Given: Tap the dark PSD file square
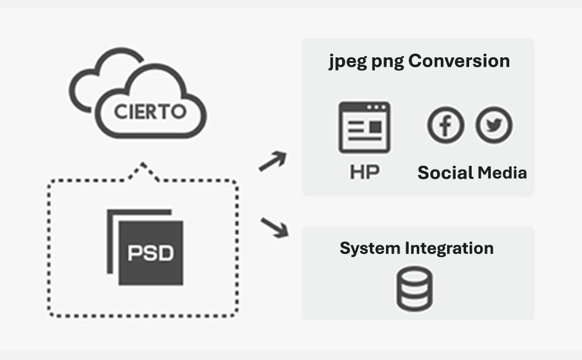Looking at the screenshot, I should tap(150, 252).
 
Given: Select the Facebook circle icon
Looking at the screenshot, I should tap(446, 125).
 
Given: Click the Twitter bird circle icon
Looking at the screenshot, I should tap(494, 125).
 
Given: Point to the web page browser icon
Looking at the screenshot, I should tap(364, 128).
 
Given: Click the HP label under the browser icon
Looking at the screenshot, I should tap(364, 172).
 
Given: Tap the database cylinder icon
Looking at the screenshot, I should tap(414, 288).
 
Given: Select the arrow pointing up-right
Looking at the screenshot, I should tap(273, 162).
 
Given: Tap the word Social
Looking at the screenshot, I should tap(445, 173).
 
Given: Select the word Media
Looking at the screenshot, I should tap(501, 173).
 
